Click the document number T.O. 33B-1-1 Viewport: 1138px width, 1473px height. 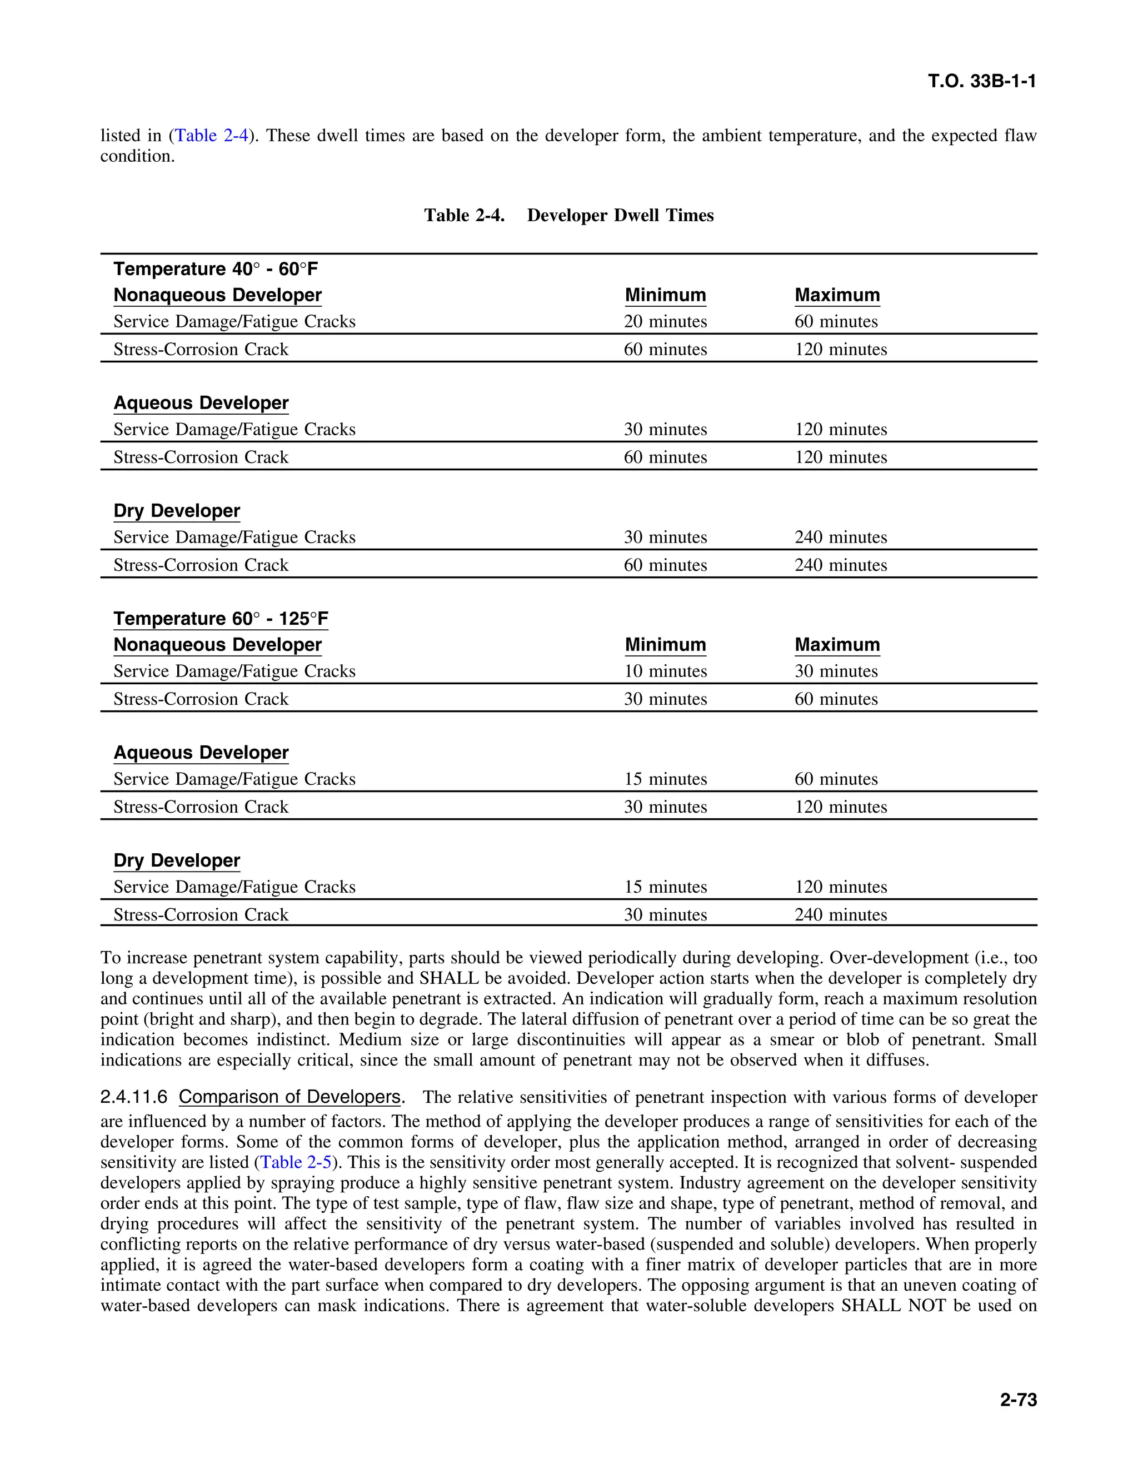click(982, 82)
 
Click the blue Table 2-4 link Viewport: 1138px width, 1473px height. click(212, 136)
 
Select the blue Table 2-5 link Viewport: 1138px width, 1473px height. click(295, 1162)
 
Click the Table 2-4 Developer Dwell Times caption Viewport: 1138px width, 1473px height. click(568, 215)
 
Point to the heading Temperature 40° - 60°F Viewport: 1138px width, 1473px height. click(216, 269)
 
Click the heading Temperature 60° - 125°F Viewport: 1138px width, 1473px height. click(221, 619)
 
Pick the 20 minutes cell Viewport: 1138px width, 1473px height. click(665, 322)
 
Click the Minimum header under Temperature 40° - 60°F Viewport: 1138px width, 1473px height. click(665, 295)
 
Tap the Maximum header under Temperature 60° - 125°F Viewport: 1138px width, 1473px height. click(837, 645)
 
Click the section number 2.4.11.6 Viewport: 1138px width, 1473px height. click(133, 1097)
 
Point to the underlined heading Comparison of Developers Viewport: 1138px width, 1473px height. click(290, 1097)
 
